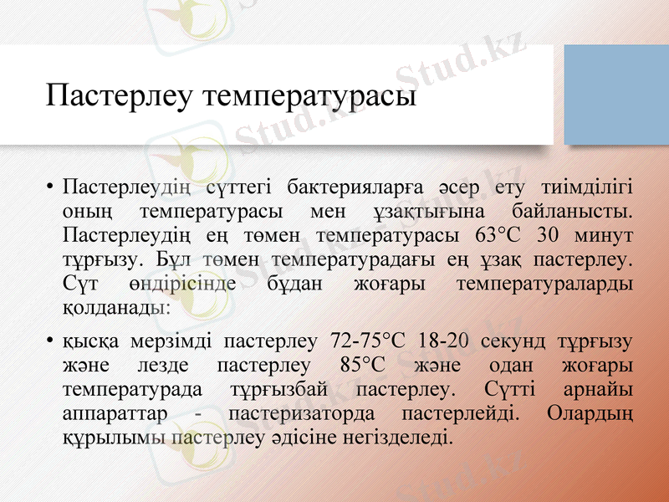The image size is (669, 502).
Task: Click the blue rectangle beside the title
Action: pyautogui.click(x=616, y=93)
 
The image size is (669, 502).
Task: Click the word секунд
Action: pyautogui.click(x=518, y=341)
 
